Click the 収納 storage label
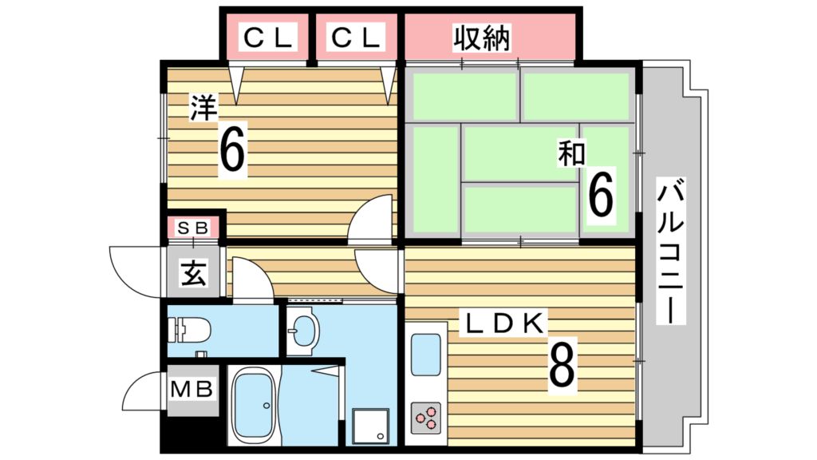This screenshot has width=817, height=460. pos(481,38)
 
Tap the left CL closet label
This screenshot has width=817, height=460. pos(268,38)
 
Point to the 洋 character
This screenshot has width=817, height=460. pos(203,108)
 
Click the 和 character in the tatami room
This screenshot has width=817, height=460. pos(571,153)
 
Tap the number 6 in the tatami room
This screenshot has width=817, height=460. pos(601,196)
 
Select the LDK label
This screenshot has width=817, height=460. pos(504,323)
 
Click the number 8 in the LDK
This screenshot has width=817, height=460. pos(562,364)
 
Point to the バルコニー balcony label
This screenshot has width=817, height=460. pos(669,250)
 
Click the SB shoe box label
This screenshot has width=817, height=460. pos(193,228)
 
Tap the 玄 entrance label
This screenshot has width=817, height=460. pos(193,273)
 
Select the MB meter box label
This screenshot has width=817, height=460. pos(191,389)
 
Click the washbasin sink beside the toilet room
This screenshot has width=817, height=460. pos(302,330)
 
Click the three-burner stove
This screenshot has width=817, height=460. pos(426,417)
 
